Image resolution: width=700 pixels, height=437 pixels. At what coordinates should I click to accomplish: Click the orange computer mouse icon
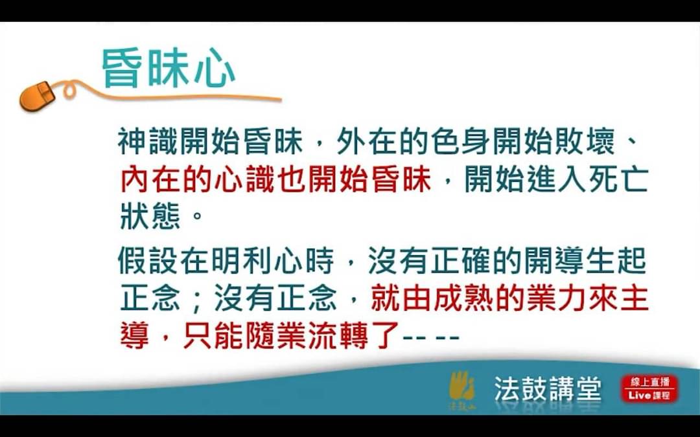pos(37,96)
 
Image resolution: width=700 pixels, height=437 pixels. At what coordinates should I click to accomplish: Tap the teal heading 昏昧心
pos(169,68)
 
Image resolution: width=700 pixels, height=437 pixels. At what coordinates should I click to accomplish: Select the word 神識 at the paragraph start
pos(148,142)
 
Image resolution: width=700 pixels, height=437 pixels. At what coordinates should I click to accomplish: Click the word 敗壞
pos(585,142)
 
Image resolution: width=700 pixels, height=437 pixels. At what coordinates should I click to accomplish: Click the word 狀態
pos(150,216)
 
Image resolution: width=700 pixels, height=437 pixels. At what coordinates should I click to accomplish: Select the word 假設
pos(148,261)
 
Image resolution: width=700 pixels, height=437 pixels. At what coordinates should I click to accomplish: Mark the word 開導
pos(554,261)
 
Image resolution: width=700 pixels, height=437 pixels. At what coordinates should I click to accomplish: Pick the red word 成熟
pos(463,298)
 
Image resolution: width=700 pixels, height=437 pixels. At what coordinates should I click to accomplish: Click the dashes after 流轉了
pos(431,337)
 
